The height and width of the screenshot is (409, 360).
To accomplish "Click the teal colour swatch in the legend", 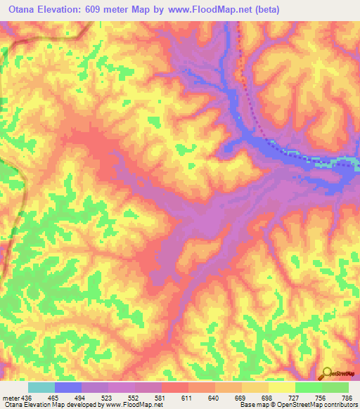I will tap(41, 388).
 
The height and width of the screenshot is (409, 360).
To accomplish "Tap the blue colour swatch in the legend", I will tap(68, 388).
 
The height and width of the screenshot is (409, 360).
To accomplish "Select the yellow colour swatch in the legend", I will tap(281, 388).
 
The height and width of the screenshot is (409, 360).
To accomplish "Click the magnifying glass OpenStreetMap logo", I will tap(327, 373).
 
